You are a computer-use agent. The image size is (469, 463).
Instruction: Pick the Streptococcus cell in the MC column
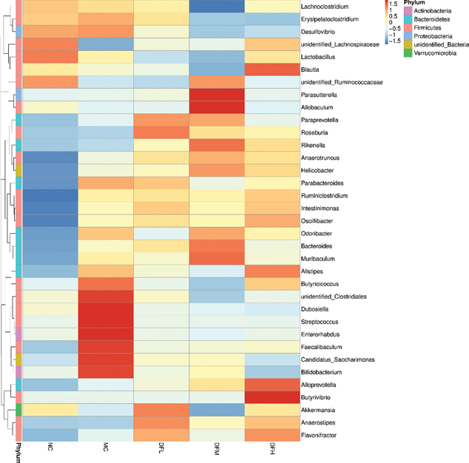106,321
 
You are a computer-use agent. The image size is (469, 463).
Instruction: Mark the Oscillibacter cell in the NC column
50,220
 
